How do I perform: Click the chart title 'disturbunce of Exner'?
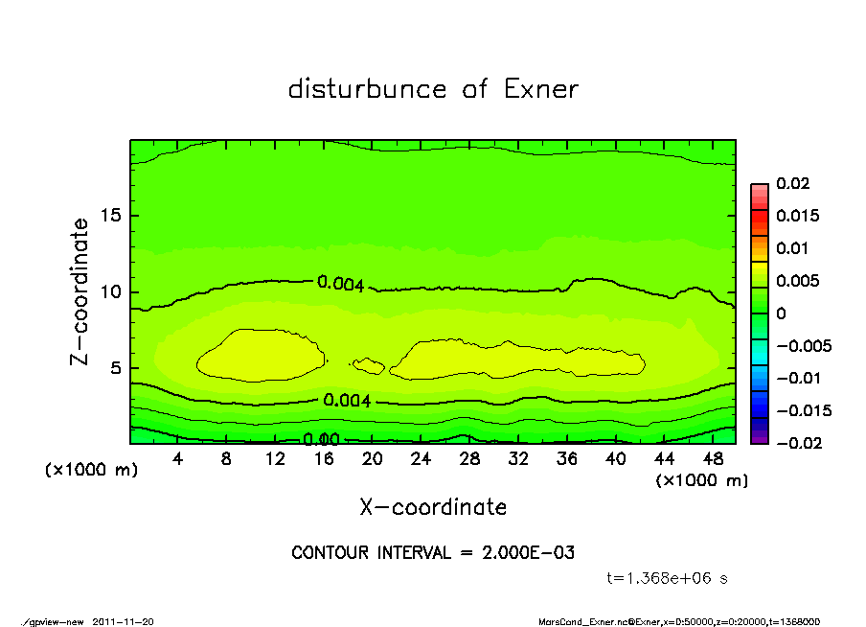point(433,89)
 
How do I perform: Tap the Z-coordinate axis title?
point(80,291)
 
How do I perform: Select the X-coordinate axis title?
point(433,506)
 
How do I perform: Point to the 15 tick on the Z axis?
point(112,216)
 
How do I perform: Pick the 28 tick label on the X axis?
point(469,459)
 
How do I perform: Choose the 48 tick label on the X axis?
point(714,459)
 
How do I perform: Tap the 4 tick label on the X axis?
point(178,459)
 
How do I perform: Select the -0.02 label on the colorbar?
point(797,443)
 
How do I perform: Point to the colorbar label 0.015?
point(796,216)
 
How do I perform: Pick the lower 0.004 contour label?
point(347,401)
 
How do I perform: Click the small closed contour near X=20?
point(369,365)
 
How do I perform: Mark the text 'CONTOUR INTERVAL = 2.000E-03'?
point(433,553)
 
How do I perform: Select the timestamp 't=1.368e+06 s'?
point(670,578)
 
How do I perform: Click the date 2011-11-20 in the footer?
point(123,621)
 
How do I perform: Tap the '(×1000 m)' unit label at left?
point(88,471)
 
